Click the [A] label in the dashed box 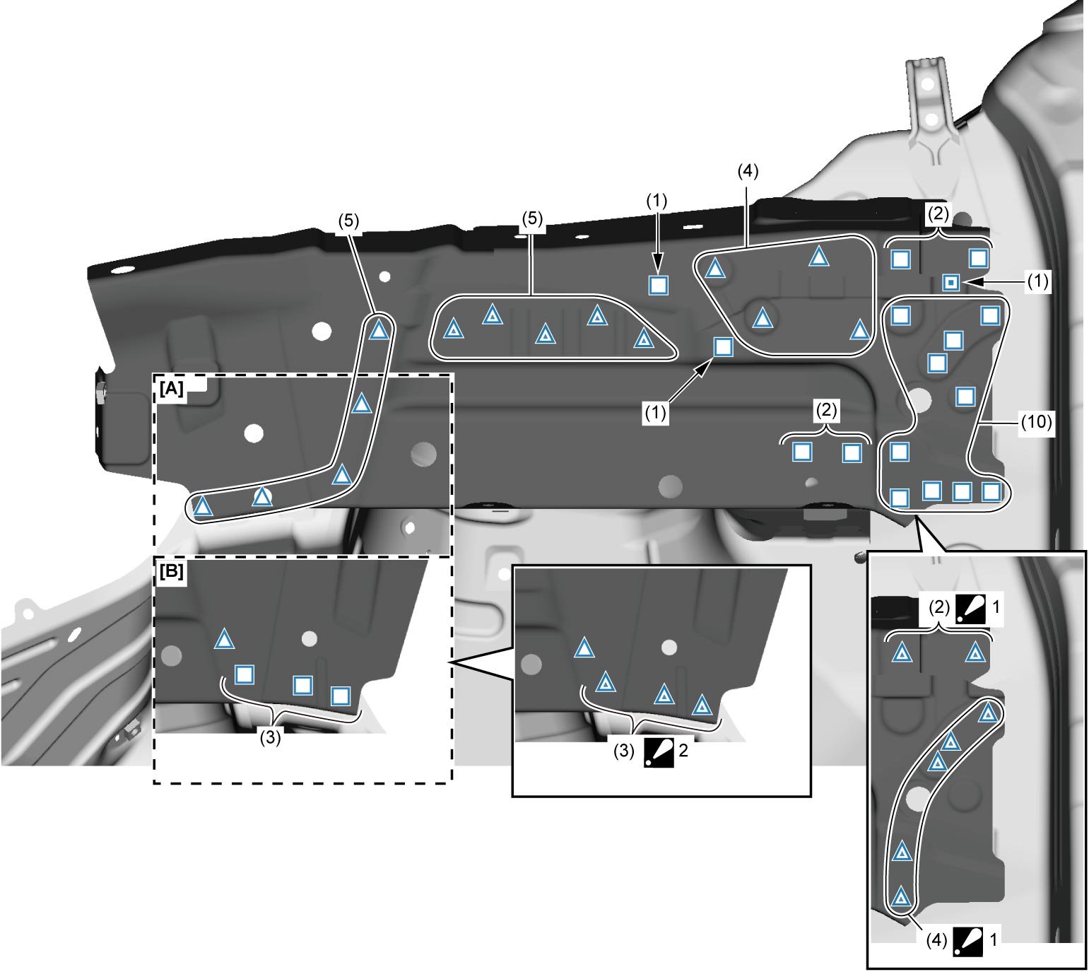(x=172, y=388)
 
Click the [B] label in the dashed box (x=172, y=571)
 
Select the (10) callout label (x=1036, y=422)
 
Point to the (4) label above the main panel (x=748, y=171)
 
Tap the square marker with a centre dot (x=951, y=282)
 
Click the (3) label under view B (x=271, y=737)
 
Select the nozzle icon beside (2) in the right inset (x=971, y=608)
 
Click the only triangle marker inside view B (x=224, y=640)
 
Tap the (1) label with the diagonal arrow (x=655, y=413)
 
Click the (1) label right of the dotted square (x=1037, y=281)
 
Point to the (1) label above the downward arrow (x=657, y=201)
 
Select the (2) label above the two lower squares (x=826, y=410)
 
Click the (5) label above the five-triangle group (x=532, y=218)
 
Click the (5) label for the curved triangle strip (x=348, y=221)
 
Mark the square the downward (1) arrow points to (x=659, y=285)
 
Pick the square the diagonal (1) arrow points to (x=723, y=347)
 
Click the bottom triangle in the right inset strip (x=901, y=897)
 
